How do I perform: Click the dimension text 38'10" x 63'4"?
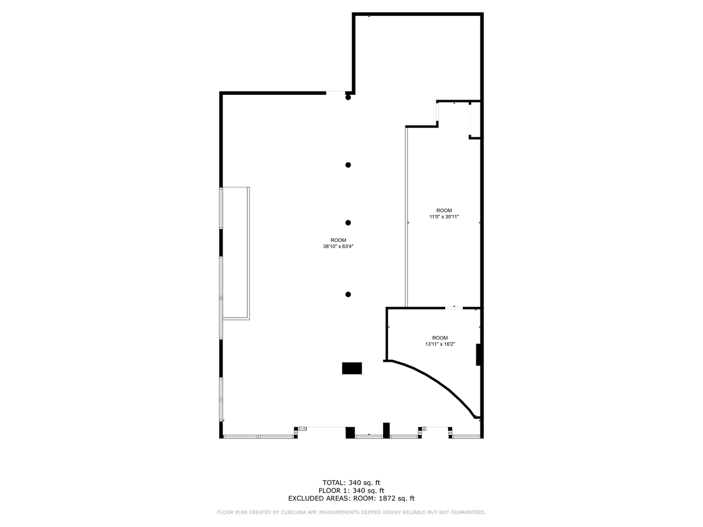point(338,247)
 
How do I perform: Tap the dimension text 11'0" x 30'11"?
point(444,217)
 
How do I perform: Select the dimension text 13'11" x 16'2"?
point(440,344)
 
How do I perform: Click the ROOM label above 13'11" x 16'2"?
point(440,338)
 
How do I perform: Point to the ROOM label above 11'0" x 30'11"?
point(444,210)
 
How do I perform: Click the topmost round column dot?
point(348,97)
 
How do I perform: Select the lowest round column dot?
point(348,295)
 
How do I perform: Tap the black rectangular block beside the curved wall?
point(351,368)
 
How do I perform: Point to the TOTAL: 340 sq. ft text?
point(351,482)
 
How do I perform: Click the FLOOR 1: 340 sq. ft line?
point(351,491)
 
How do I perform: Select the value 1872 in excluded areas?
point(387,498)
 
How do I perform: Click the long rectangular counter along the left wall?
point(236,254)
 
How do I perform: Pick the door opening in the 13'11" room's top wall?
point(454,308)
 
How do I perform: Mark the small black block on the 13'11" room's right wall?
point(479,354)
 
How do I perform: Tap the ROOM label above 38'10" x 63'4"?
point(338,240)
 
